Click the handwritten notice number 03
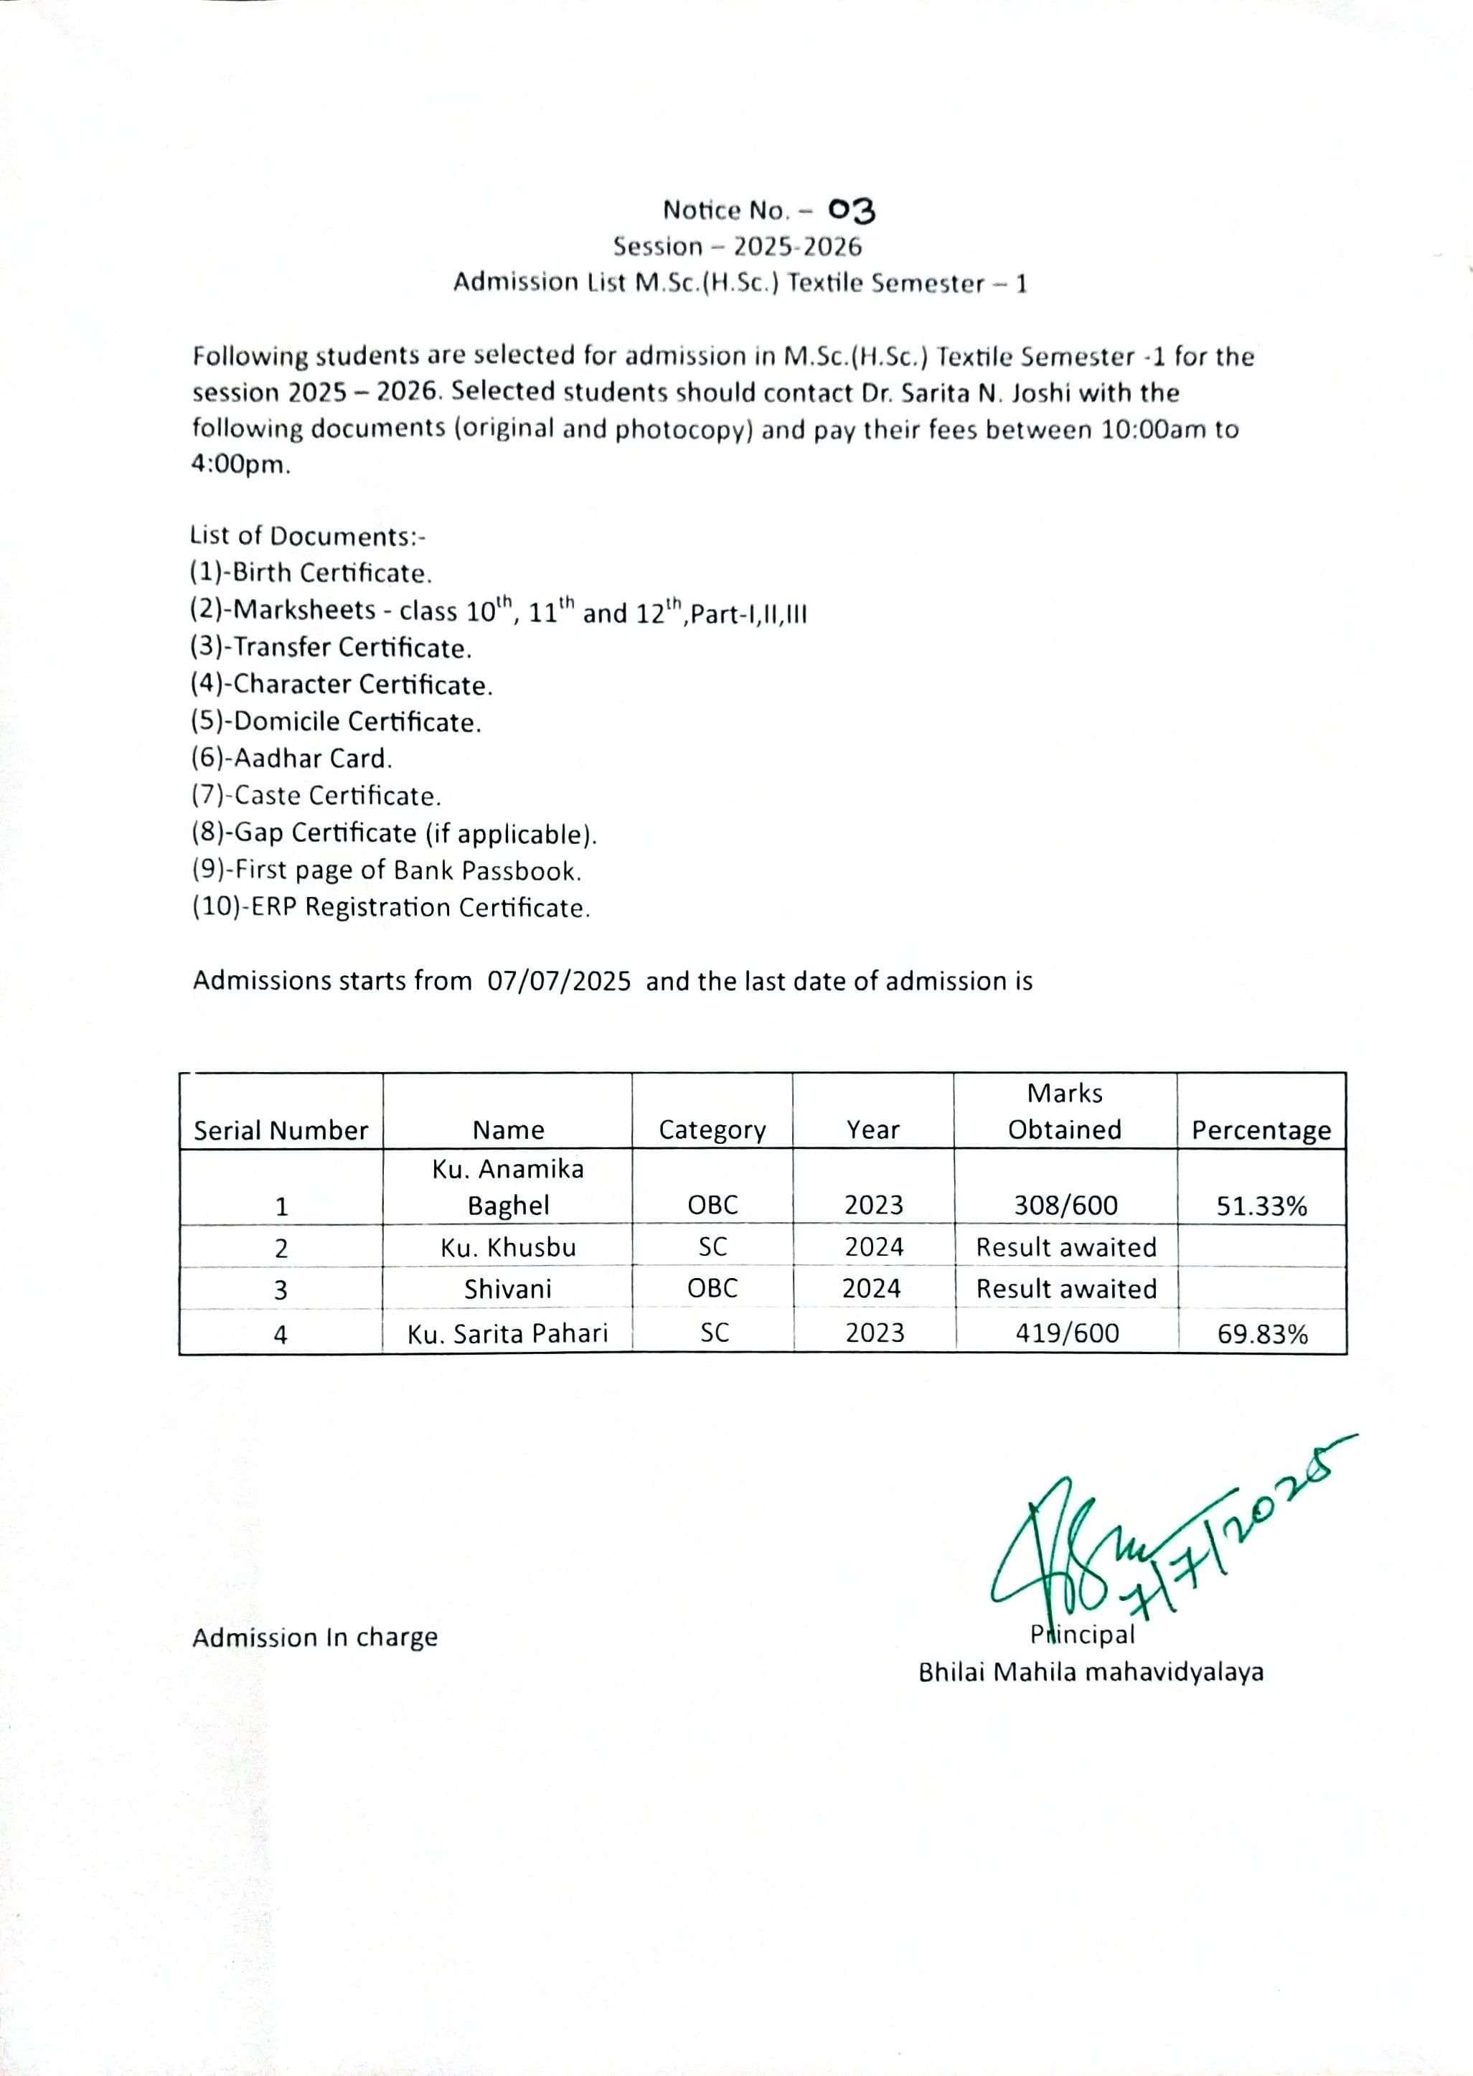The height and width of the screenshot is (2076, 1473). click(852, 210)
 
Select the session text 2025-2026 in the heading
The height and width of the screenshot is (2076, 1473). click(797, 247)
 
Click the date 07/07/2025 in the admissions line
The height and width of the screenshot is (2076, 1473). click(559, 982)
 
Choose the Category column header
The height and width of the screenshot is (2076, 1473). click(712, 1130)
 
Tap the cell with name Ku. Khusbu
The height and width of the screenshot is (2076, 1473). click(508, 1248)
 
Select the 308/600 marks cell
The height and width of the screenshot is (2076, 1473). click(1065, 1206)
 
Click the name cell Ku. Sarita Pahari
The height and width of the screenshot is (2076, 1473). click(507, 1333)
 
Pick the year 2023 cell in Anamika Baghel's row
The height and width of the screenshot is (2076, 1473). click(873, 1206)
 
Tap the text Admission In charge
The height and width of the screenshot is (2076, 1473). click(315, 1637)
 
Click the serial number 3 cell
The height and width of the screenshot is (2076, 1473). click(281, 1290)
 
